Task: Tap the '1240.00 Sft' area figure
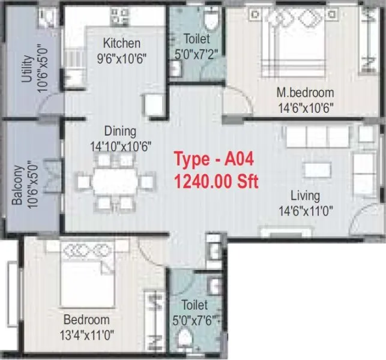pyautogui.click(x=216, y=181)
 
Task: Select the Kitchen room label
pyautogui.click(x=122, y=43)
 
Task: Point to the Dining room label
pyautogui.click(x=120, y=131)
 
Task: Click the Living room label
pyautogui.click(x=305, y=196)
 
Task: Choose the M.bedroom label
pyautogui.click(x=304, y=93)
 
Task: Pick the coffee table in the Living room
pyautogui.click(x=318, y=170)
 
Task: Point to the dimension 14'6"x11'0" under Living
pyautogui.click(x=304, y=210)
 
